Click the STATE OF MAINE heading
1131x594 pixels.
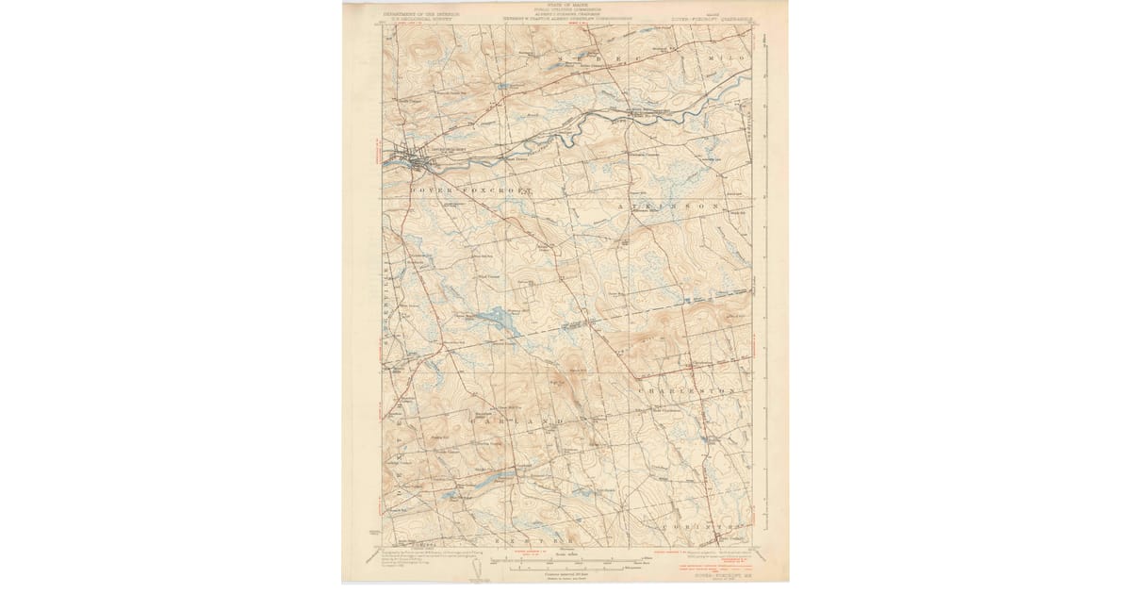point(565,6)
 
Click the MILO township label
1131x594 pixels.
point(724,58)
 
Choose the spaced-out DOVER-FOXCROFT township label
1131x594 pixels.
point(457,190)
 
